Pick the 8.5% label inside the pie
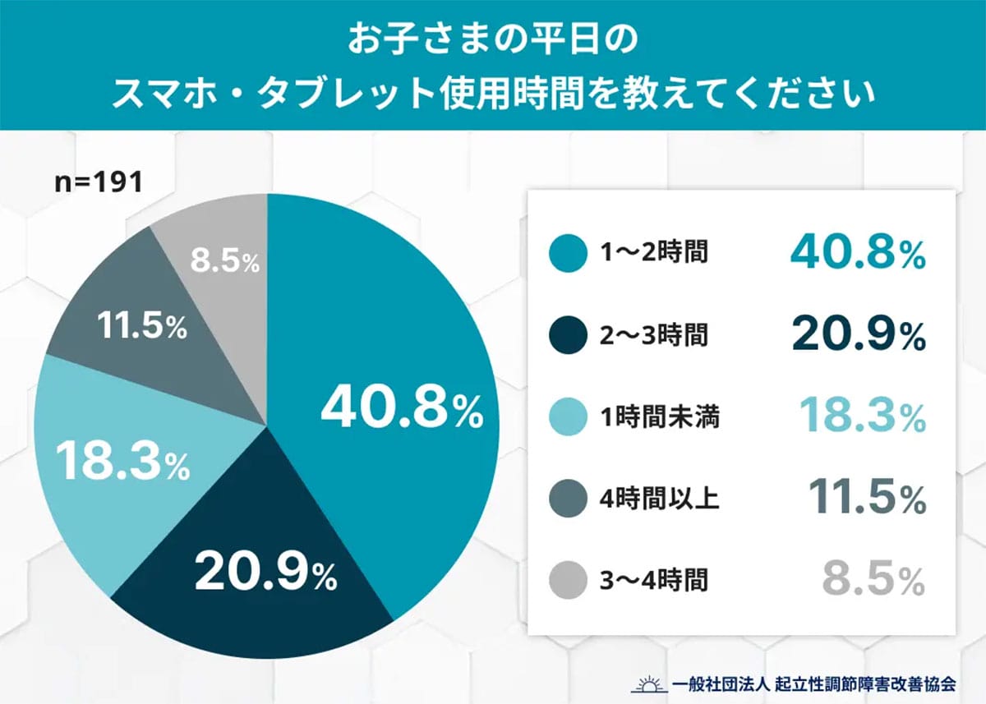[224, 262]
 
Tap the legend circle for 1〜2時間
[568, 253]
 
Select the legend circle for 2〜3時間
[568, 335]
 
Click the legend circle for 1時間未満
[568, 417]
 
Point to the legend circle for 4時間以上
[568, 499]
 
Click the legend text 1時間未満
[660, 417]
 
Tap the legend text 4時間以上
[660, 499]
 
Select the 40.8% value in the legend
[858, 253]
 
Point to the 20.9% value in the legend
[859, 335]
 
